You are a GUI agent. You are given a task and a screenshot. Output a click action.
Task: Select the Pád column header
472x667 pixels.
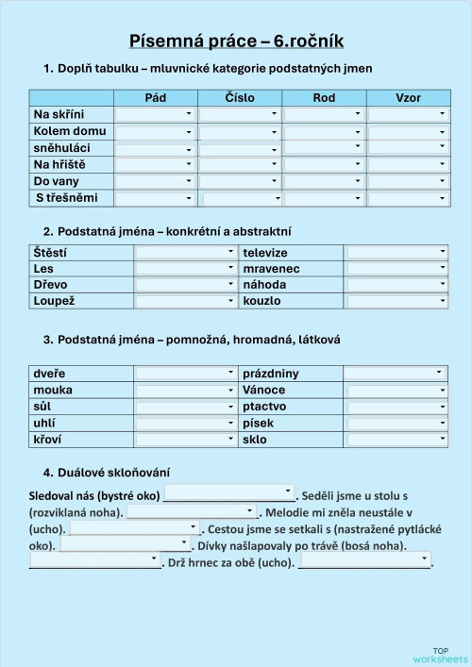point(156,98)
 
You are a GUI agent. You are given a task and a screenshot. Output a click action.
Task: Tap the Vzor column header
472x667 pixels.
point(409,98)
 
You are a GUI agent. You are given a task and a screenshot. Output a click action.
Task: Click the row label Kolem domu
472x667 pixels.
point(70,131)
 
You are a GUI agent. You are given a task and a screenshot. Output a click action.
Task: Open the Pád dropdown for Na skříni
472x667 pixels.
point(156,114)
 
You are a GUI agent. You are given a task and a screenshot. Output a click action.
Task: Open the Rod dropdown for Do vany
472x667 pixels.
point(324,181)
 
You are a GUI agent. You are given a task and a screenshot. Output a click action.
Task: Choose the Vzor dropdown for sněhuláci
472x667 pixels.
point(408,147)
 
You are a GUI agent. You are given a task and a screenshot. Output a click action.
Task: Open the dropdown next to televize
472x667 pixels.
point(396,253)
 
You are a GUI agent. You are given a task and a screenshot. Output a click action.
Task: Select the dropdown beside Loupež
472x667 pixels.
point(185,301)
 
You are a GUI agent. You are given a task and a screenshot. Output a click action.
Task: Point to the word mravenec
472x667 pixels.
point(272,269)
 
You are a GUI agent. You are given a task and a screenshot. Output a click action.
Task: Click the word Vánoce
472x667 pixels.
point(264,390)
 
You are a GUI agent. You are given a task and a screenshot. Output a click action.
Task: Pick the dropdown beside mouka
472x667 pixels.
point(185,390)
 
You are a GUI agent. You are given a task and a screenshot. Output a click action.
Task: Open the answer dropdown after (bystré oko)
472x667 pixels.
point(229,493)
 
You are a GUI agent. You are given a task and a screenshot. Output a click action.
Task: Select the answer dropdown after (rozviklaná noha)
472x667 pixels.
point(192,511)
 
